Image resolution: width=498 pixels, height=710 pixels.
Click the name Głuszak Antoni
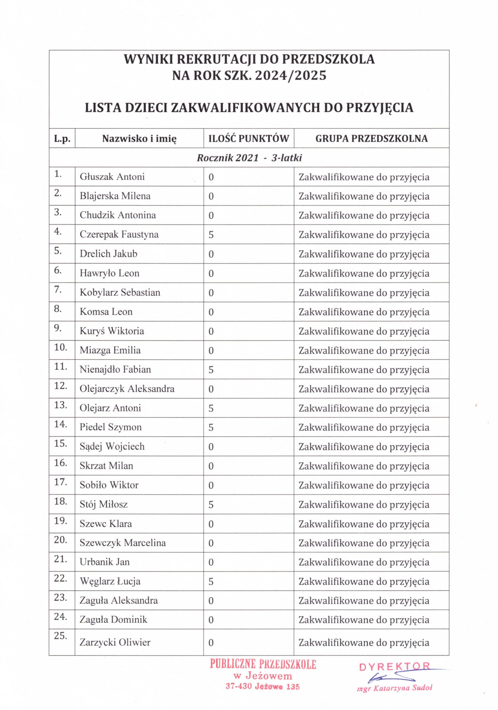click(x=112, y=177)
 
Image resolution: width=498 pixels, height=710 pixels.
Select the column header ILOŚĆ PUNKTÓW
click(x=248, y=139)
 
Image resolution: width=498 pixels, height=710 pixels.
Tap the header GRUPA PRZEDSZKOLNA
click(x=371, y=139)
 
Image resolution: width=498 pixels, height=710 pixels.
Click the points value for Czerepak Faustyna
click(x=211, y=235)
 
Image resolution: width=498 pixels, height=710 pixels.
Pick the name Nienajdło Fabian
click(x=115, y=370)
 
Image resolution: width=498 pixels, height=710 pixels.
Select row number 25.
click(x=60, y=635)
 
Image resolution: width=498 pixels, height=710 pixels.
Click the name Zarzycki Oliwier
click(x=115, y=642)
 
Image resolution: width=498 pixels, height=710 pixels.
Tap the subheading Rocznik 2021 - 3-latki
click(x=249, y=158)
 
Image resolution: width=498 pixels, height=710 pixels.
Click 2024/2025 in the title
click(x=291, y=76)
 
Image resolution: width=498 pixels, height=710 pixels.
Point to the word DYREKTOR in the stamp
click(x=395, y=667)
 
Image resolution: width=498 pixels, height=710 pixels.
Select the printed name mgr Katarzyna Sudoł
click(x=395, y=688)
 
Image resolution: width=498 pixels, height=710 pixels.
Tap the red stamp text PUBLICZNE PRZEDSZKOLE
click(x=263, y=664)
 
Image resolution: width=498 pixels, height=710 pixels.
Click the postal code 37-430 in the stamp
click(x=238, y=686)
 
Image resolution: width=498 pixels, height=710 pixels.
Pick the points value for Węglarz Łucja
click(x=211, y=582)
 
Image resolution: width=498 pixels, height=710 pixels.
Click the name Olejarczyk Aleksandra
click(x=127, y=389)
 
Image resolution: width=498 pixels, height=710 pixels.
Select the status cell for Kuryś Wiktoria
click(x=364, y=331)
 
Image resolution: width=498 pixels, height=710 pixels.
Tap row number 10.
click(x=60, y=347)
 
